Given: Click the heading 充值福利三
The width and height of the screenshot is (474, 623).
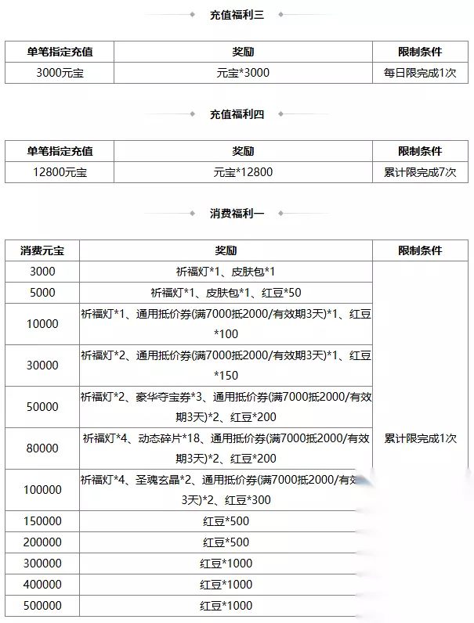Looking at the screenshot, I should point(237,15).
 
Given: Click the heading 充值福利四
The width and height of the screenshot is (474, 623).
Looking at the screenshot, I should point(237,114).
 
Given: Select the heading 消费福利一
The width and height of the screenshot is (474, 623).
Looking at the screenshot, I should point(237,213).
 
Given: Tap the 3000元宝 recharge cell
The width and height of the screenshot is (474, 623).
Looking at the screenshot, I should point(60,73).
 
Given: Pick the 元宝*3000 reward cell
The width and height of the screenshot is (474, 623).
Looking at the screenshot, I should point(242,73).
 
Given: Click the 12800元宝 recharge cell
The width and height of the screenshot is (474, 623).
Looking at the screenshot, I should point(60,172).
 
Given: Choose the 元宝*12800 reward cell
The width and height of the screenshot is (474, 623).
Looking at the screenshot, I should point(242,172).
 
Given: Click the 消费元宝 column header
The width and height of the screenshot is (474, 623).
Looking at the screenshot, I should point(42,250).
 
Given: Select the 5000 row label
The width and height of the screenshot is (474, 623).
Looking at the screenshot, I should point(42,293).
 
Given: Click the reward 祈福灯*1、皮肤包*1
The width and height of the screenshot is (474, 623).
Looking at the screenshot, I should point(226,272).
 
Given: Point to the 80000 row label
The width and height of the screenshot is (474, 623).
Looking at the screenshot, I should point(42,448).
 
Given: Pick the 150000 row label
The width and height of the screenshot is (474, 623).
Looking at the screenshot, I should point(42,521).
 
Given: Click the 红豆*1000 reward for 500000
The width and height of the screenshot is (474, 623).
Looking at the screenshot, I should point(226,606).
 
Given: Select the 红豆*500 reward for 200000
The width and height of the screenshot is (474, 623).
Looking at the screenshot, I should point(226,542).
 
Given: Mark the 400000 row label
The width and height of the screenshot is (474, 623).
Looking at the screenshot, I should point(42,585).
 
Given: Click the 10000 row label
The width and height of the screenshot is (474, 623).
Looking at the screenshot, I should point(42,324).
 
